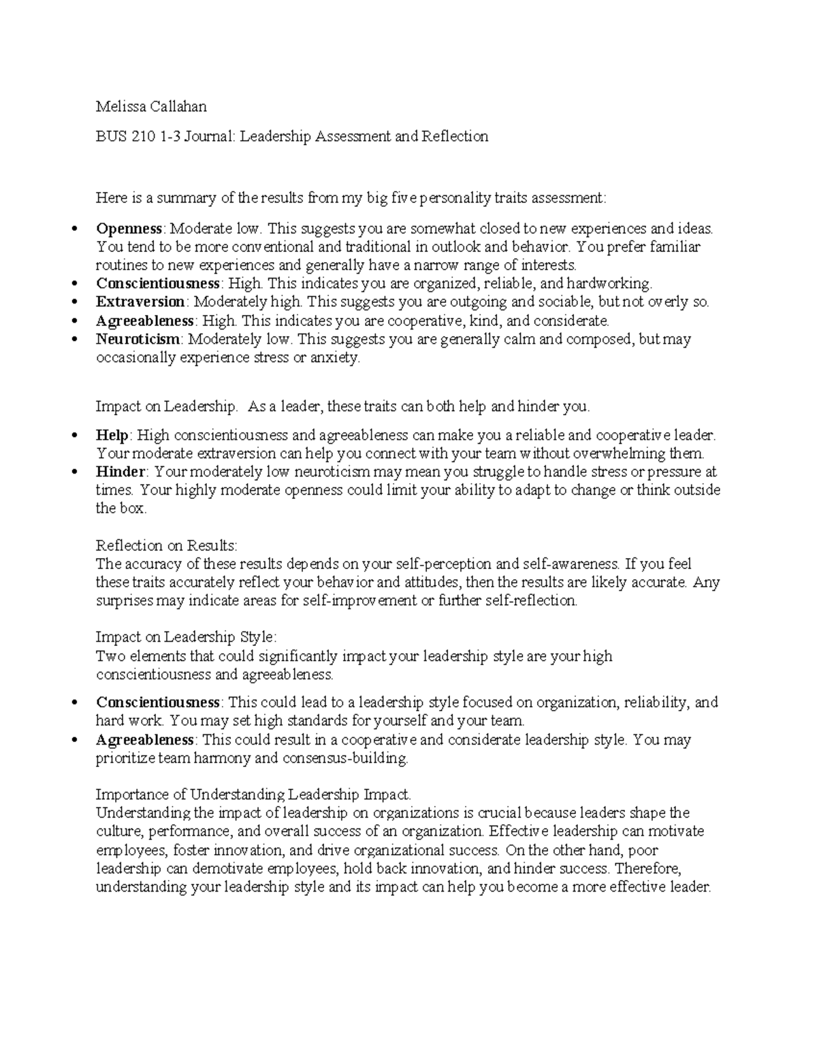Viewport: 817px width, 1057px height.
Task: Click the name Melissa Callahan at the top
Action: click(151, 106)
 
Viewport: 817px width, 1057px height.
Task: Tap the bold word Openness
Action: click(129, 228)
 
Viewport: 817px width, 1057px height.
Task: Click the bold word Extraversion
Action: click(140, 302)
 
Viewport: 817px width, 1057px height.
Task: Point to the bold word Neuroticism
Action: click(138, 339)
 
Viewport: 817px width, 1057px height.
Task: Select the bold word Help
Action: click(112, 435)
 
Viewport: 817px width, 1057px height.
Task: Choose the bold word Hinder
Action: click(121, 472)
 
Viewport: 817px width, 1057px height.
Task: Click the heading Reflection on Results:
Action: click(166, 545)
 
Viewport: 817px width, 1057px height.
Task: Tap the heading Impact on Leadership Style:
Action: click(186, 637)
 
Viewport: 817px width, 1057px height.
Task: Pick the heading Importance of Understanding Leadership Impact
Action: click(253, 794)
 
